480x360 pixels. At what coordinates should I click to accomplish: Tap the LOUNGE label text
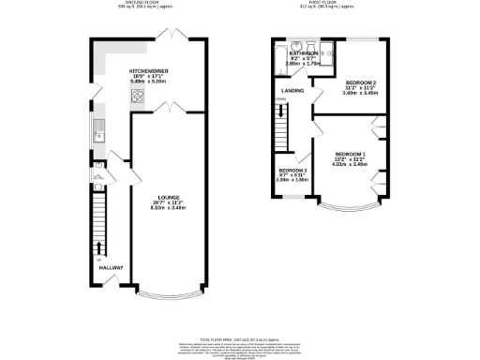pyautogui.click(x=169, y=198)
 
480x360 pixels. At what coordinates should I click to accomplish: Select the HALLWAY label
pyautogui.click(x=111, y=268)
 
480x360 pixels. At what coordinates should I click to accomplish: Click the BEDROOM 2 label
pyautogui.click(x=361, y=83)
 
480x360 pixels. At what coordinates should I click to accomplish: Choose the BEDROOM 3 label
pyautogui.click(x=293, y=170)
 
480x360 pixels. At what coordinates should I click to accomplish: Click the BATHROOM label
pyautogui.click(x=305, y=54)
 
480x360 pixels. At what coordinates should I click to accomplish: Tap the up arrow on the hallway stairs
pyautogui.click(x=100, y=248)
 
